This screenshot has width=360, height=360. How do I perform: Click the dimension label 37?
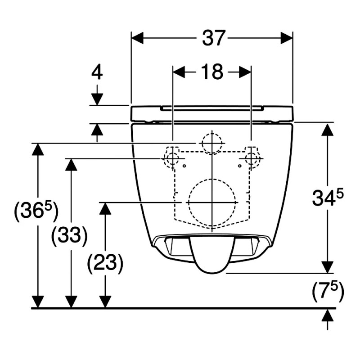pos(212,38)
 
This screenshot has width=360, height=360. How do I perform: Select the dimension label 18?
pos(212,72)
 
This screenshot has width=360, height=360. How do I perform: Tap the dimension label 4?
pos(97,72)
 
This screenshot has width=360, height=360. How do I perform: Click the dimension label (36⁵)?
pos(36,211)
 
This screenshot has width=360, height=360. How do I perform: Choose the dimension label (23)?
pos(105,263)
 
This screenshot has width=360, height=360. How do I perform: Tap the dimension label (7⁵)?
pos(328,291)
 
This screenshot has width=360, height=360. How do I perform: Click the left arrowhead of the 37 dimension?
pos(137,38)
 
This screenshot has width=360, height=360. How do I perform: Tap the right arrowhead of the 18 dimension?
pos(245,72)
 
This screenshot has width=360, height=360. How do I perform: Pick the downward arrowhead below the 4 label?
pos(97,99)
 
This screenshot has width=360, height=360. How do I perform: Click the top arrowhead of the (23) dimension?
pos(105,208)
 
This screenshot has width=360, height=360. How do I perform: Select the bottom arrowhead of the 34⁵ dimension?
pos(328,267)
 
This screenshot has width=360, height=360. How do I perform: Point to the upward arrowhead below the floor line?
pos(328,315)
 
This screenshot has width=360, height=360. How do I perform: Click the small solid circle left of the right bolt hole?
pos(240,166)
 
